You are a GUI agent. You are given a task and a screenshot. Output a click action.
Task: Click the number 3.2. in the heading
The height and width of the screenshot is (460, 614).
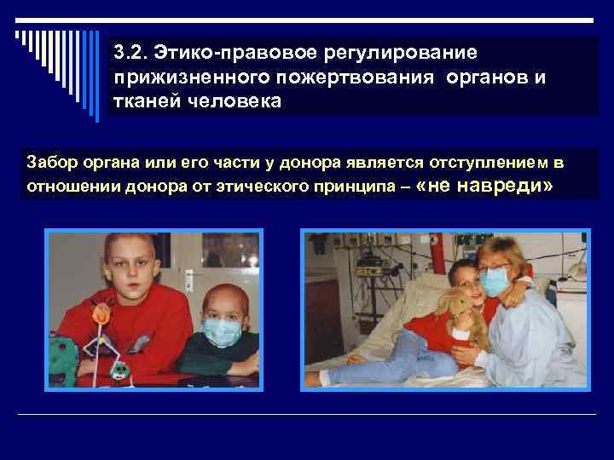129,53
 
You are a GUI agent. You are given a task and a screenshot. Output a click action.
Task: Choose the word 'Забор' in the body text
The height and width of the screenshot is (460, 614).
49,162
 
